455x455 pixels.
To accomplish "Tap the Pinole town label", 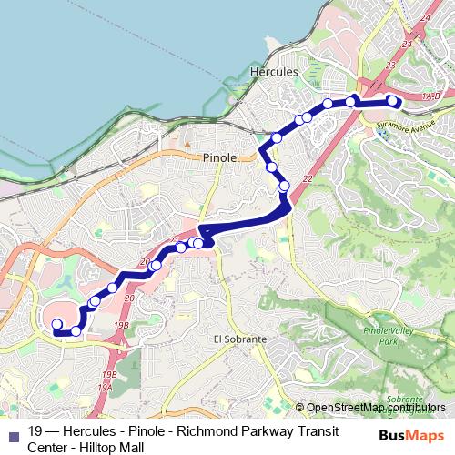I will pyautogui.click(x=219, y=157).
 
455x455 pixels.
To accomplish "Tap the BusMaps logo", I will pyautogui.click(x=410, y=436).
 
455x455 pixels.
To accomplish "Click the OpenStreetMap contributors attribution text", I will pyautogui.click(x=377, y=408).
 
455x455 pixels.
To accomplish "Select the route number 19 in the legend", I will pyautogui.click(x=35, y=431).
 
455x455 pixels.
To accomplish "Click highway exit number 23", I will pyautogui.click(x=390, y=65).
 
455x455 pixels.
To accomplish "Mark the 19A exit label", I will pyautogui.click(x=106, y=386).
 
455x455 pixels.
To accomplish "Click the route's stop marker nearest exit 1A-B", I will pyautogui.click(x=392, y=100).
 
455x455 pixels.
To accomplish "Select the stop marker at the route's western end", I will pyautogui.click(x=56, y=324).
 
